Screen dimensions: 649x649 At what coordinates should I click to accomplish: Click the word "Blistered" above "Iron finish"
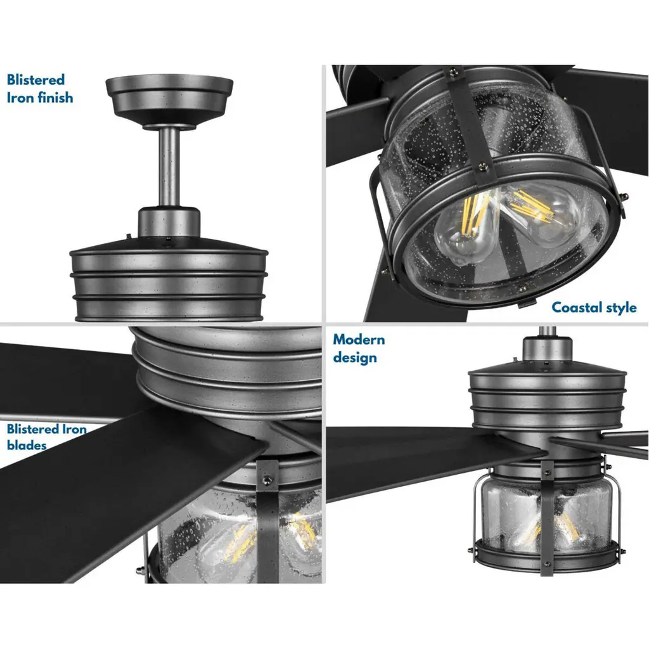pos(35,79)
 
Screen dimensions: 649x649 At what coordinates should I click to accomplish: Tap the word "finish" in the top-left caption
pos(56,98)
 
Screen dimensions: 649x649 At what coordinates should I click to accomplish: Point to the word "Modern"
pos(359,340)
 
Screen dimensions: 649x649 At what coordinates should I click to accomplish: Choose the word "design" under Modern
pos(355,357)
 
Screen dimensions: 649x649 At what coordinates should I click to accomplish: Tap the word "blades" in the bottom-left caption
pos(27,446)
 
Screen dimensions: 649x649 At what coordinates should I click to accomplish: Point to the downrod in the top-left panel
pos(169,167)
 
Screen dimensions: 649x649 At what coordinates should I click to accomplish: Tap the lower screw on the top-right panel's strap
pos(482,167)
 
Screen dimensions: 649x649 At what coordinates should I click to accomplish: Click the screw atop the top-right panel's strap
pos(454,72)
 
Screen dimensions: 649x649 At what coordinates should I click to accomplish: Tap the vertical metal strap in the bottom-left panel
pos(268,522)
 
